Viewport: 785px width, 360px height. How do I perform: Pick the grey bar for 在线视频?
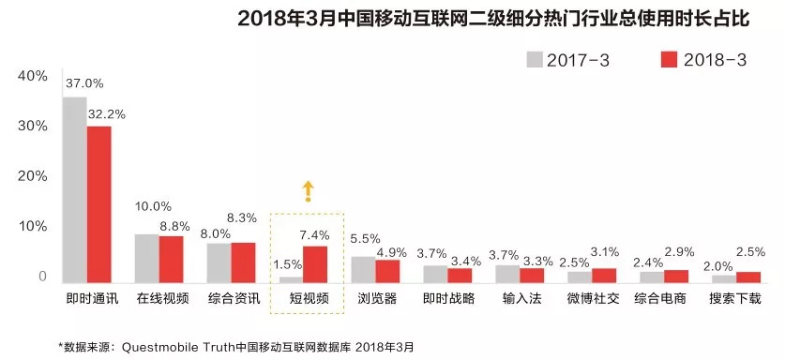[147, 258]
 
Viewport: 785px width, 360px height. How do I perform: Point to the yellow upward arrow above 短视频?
[306, 191]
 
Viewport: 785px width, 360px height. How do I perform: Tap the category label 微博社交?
[592, 299]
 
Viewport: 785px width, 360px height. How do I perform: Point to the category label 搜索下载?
[736, 299]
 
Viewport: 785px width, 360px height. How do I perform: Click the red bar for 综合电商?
[676, 277]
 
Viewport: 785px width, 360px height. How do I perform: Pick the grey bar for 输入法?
[507, 274]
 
